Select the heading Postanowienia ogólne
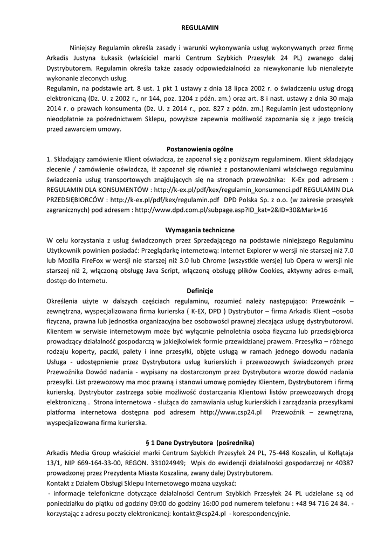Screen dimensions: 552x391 click(195, 149)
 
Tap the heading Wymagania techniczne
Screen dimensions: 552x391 click(195, 229)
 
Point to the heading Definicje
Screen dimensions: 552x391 click(195, 291)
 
